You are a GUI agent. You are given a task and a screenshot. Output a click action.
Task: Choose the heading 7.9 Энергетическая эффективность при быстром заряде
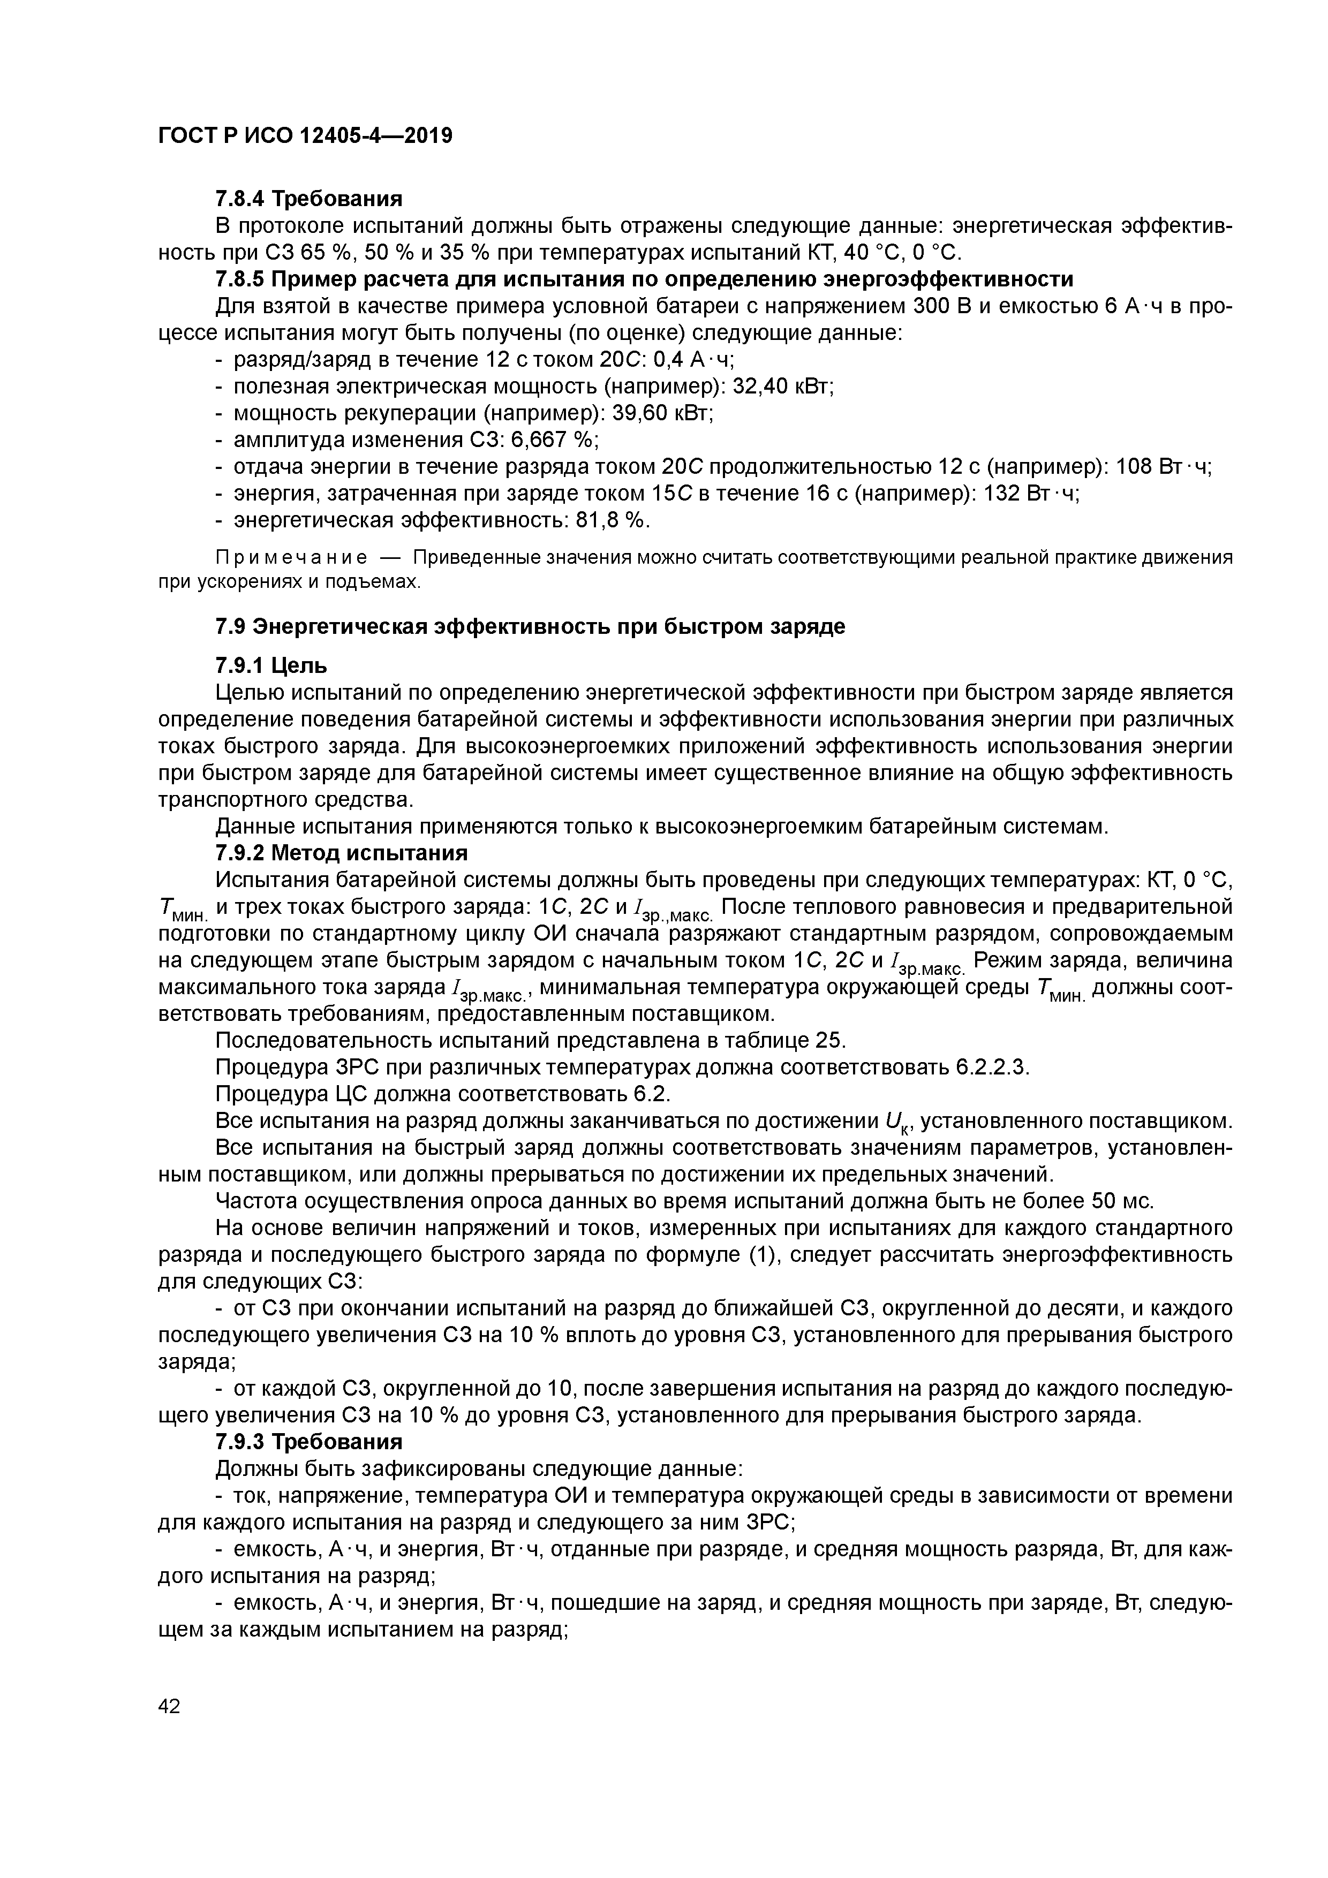(530, 626)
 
